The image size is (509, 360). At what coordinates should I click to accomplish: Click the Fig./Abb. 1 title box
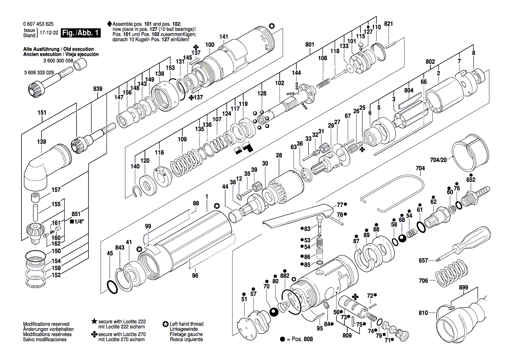(x=81, y=33)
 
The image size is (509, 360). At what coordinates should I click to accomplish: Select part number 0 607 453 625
(x=38, y=24)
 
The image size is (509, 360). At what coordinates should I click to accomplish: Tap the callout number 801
(x=310, y=44)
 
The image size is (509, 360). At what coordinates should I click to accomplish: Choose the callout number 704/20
(x=438, y=160)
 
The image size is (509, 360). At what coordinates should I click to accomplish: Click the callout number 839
(x=98, y=89)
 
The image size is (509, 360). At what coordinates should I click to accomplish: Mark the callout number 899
(x=464, y=288)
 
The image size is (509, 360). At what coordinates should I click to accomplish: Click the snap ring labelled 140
(x=138, y=191)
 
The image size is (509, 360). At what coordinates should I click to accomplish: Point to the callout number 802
(x=430, y=61)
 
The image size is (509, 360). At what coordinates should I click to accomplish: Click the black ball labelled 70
(x=274, y=312)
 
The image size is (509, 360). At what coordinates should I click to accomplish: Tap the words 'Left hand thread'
(x=187, y=324)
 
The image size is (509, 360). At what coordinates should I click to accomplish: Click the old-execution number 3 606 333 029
(x=39, y=72)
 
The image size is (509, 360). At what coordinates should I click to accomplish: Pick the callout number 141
(x=224, y=37)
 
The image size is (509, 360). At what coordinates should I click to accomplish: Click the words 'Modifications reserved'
(x=46, y=324)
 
